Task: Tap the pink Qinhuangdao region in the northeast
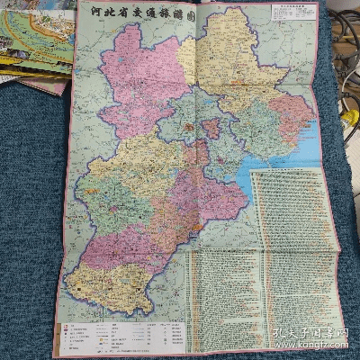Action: (x=291, y=113)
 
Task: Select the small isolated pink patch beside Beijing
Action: (x=211, y=128)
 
